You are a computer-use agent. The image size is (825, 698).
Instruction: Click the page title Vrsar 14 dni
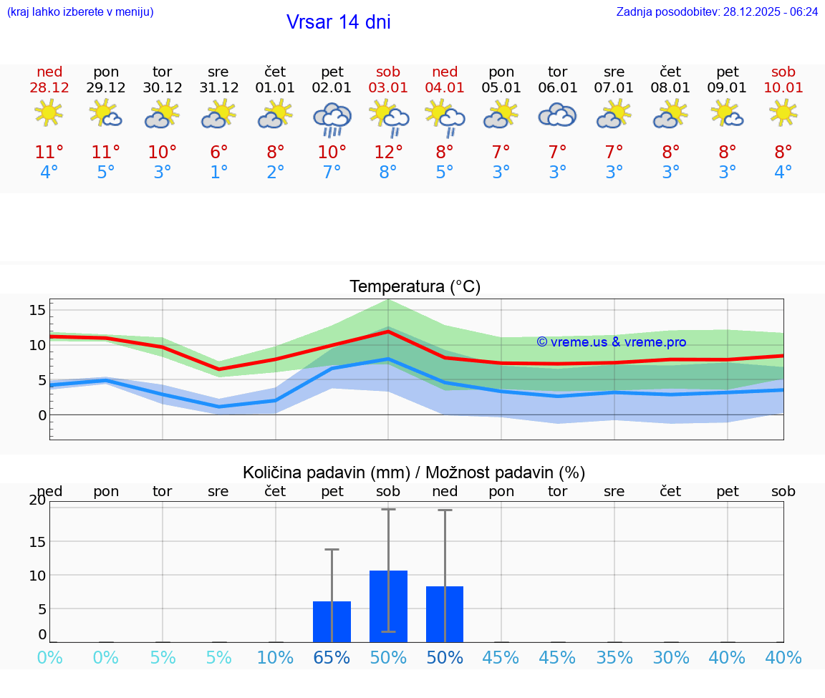click(x=338, y=22)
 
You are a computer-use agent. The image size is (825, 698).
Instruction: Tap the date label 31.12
click(x=218, y=88)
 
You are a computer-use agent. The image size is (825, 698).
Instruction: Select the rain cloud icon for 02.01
click(x=332, y=119)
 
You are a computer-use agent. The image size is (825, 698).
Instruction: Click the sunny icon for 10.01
click(x=783, y=113)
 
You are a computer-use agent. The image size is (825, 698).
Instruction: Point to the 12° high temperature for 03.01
click(x=388, y=152)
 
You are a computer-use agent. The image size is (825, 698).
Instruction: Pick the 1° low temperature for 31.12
click(x=218, y=173)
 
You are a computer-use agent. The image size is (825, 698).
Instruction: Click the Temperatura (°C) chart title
click(x=415, y=287)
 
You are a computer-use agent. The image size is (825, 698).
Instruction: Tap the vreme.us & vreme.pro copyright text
click(x=611, y=342)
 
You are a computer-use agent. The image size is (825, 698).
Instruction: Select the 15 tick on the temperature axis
click(x=37, y=310)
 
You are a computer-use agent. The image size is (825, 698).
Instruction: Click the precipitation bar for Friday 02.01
click(x=332, y=621)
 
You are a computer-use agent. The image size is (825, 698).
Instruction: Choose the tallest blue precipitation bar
click(x=388, y=606)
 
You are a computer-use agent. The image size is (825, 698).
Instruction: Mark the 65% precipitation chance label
click(x=332, y=658)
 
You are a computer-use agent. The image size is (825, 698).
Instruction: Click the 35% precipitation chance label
click(x=614, y=658)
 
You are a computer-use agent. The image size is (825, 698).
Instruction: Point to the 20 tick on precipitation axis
click(x=37, y=500)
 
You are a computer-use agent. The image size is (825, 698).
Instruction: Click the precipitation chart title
click(x=414, y=472)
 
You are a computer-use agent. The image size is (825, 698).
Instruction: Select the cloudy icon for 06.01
click(x=557, y=115)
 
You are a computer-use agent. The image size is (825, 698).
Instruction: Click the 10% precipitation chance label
click(x=275, y=658)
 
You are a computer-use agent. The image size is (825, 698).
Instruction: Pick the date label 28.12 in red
click(x=49, y=88)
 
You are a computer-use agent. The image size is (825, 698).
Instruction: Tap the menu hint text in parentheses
click(x=79, y=12)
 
